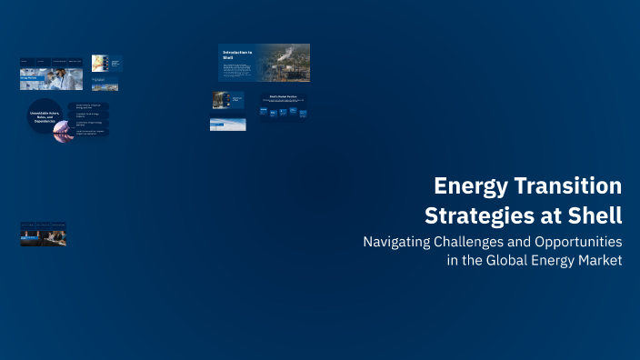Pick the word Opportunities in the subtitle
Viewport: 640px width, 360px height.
tap(575, 243)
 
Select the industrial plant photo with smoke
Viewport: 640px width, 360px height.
tap(284, 63)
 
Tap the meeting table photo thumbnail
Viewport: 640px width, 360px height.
tap(44, 236)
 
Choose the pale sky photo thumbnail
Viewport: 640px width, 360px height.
tap(227, 125)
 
